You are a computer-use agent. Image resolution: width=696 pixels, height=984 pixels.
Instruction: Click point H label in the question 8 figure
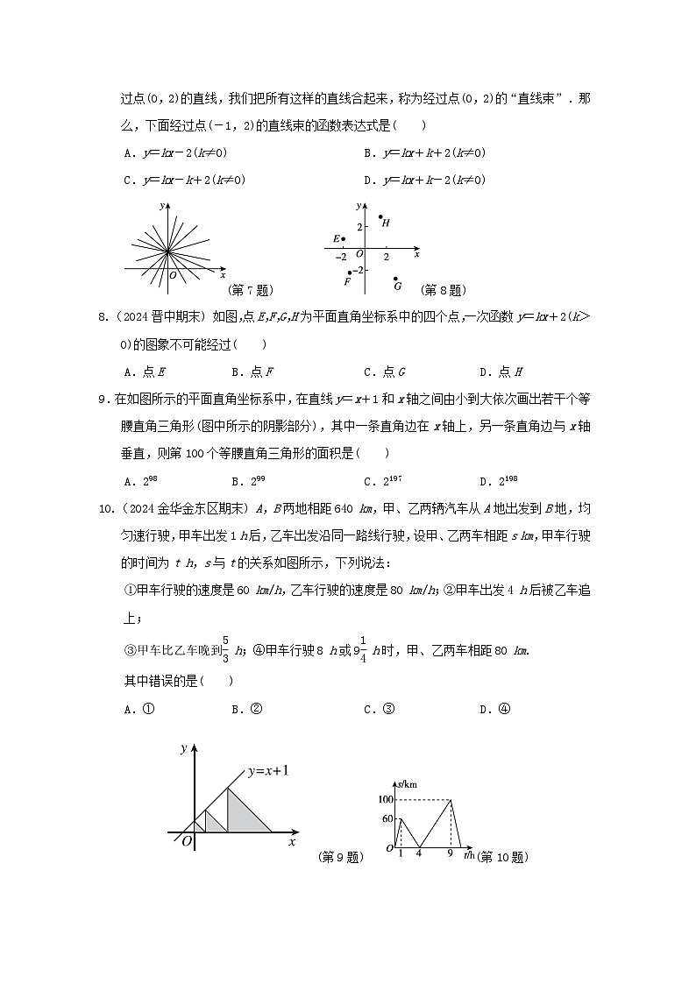[386, 223]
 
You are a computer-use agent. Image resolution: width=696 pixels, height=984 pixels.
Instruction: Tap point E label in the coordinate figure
[335, 238]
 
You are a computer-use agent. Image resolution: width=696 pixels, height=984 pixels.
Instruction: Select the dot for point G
[395, 279]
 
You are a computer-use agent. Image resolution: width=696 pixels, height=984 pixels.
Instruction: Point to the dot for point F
[350, 273]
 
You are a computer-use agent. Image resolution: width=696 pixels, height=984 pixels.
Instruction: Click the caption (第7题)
[249, 289]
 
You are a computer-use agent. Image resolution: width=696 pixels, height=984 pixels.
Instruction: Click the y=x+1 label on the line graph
[268, 771]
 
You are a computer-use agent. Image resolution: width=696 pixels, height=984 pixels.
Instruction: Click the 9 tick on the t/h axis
[450, 853]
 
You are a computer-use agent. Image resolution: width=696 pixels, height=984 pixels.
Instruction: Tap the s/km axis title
[406, 783]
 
